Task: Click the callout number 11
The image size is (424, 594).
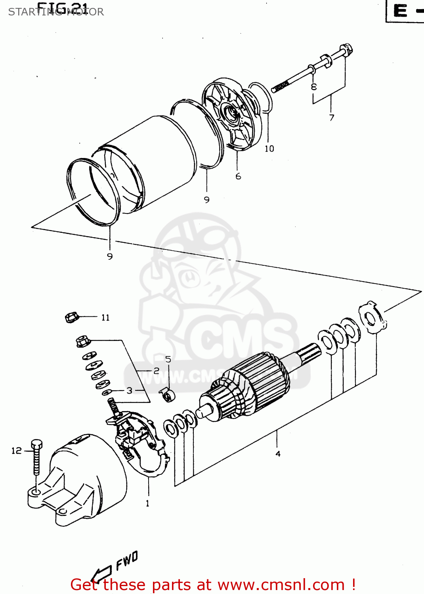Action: (x=105, y=318)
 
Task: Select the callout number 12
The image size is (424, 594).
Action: (x=16, y=451)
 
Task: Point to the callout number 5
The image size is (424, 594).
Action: (x=168, y=359)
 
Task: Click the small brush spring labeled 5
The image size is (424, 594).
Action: (x=168, y=395)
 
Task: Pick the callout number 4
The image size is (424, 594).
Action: (x=278, y=454)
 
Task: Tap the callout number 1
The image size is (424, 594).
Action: (x=147, y=503)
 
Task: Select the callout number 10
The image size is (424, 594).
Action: (x=269, y=148)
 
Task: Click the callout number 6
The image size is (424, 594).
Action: (x=238, y=176)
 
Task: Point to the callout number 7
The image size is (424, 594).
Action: (x=332, y=118)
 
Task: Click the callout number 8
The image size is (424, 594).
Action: (x=314, y=87)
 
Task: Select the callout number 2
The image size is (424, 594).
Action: (x=156, y=371)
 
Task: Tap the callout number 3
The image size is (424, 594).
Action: (x=129, y=390)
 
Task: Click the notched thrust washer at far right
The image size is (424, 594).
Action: (x=371, y=317)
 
